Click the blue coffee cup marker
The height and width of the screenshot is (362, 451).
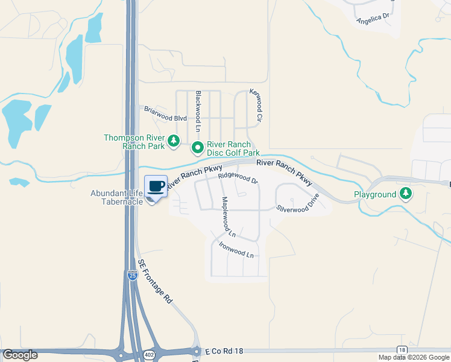tap(156, 186)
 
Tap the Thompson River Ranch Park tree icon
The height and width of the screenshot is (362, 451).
tap(174, 141)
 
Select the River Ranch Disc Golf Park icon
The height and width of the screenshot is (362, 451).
tap(197, 147)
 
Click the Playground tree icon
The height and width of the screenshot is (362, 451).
tap(406, 194)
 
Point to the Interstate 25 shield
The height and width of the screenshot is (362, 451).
tap(132, 275)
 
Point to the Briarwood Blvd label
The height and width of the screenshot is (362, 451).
tap(165, 114)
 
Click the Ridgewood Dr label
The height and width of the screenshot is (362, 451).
tap(238, 178)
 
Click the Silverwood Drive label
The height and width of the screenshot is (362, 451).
tap(298, 201)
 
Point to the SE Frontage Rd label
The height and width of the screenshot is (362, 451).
tap(155, 281)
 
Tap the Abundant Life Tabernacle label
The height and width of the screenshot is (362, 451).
tap(116, 197)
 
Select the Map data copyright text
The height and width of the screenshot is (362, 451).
tap(414, 357)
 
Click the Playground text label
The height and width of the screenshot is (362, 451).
tap(375, 194)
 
